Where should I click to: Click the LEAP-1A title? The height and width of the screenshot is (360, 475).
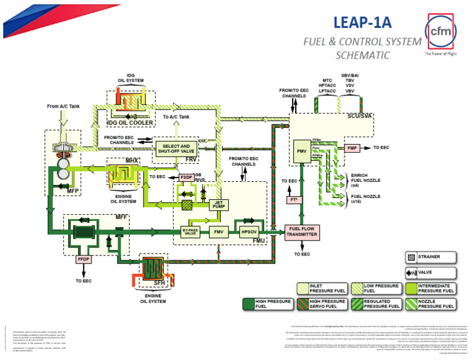tap(362, 22)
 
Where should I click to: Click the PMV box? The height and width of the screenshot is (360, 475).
tap(302, 150)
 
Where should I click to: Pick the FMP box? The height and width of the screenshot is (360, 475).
tap(352, 148)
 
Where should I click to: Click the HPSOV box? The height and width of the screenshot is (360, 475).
tap(249, 232)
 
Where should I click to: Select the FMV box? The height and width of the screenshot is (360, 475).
tap(218, 232)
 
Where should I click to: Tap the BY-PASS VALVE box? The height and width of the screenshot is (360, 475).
tap(189, 233)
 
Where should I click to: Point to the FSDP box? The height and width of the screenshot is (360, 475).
tap(186, 177)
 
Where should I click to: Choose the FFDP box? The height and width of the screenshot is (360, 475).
tap(84, 260)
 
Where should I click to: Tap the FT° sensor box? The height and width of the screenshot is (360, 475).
tap(293, 200)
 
